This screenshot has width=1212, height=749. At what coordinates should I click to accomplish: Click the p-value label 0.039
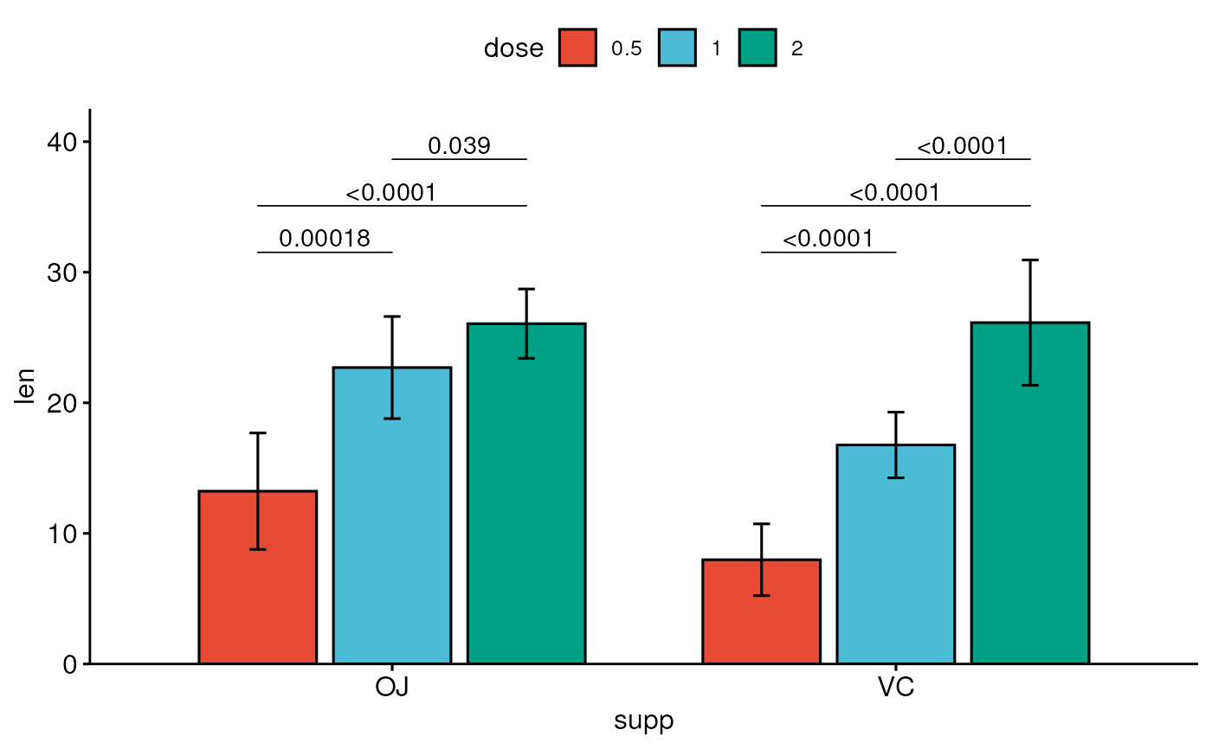[459, 146]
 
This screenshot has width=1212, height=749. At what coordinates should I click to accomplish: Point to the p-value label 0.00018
[325, 239]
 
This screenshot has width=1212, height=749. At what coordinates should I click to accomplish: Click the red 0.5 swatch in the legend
[577, 48]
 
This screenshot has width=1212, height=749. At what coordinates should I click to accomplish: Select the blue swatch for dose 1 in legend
[677, 48]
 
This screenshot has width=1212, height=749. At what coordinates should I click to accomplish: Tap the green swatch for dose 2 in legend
[757, 48]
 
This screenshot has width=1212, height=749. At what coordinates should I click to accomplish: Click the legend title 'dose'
[513, 48]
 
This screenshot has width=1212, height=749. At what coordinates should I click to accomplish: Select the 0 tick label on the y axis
[70, 664]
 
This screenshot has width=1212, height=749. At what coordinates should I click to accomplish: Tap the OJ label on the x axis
[391, 688]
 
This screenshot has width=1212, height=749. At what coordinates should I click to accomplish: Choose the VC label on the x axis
[895, 688]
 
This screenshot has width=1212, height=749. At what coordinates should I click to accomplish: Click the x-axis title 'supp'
[643, 721]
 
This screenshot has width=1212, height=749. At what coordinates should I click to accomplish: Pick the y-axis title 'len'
[26, 387]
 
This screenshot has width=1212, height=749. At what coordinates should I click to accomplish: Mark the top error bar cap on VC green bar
[1029, 259]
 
